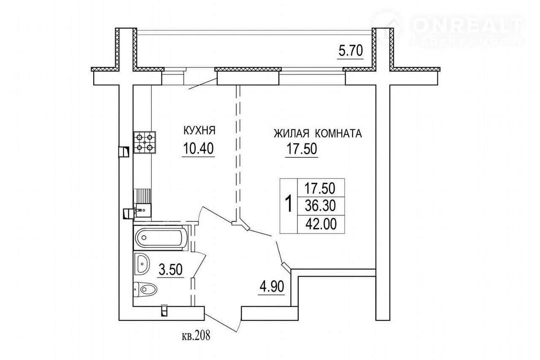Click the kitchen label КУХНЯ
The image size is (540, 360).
[200, 130]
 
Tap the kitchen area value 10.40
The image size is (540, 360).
[198, 148]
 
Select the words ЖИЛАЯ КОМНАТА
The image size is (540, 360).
[318, 134]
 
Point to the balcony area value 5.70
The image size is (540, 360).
[351, 51]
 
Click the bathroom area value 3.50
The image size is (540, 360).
[170, 269]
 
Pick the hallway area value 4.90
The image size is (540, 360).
[272, 287]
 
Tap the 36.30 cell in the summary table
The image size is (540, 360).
[320, 206]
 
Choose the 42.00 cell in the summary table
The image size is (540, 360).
[321, 224]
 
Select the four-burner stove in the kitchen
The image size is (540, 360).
[144, 142]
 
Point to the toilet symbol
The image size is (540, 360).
[145, 290]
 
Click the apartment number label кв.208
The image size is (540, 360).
[196, 335]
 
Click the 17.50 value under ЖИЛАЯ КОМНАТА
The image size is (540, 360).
[301, 148]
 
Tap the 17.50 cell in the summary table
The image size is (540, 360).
[320, 188]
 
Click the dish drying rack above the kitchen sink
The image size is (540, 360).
[142, 196]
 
